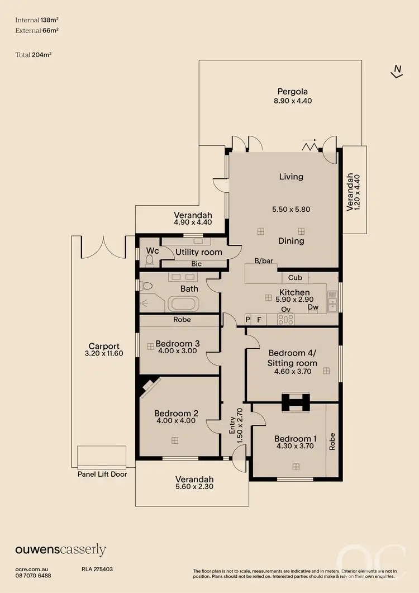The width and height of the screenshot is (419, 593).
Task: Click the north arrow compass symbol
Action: [x=397, y=72]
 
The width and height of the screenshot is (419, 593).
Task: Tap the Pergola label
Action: [x=293, y=92]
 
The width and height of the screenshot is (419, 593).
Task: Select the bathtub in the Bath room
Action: [x=184, y=305]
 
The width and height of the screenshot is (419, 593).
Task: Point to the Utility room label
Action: [x=198, y=252]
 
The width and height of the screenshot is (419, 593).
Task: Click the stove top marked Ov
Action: [x=286, y=320]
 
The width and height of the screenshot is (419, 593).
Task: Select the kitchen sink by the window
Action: [x=333, y=301]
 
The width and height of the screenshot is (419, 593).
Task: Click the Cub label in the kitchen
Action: [x=295, y=278]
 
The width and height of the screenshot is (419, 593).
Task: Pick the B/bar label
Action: [x=263, y=261]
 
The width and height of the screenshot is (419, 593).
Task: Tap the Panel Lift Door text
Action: [x=102, y=475]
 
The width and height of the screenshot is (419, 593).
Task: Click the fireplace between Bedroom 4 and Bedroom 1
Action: [x=294, y=402]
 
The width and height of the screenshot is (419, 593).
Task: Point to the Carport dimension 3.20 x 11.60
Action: [x=104, y=354]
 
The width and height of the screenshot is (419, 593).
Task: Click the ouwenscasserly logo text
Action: [x=60, y=550]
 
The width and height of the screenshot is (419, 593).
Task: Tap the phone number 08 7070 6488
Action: [x=34, y=576]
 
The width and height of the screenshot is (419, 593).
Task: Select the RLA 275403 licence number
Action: [x=97, y=569]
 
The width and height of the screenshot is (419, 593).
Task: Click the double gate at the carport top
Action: [x=102, y=248]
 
